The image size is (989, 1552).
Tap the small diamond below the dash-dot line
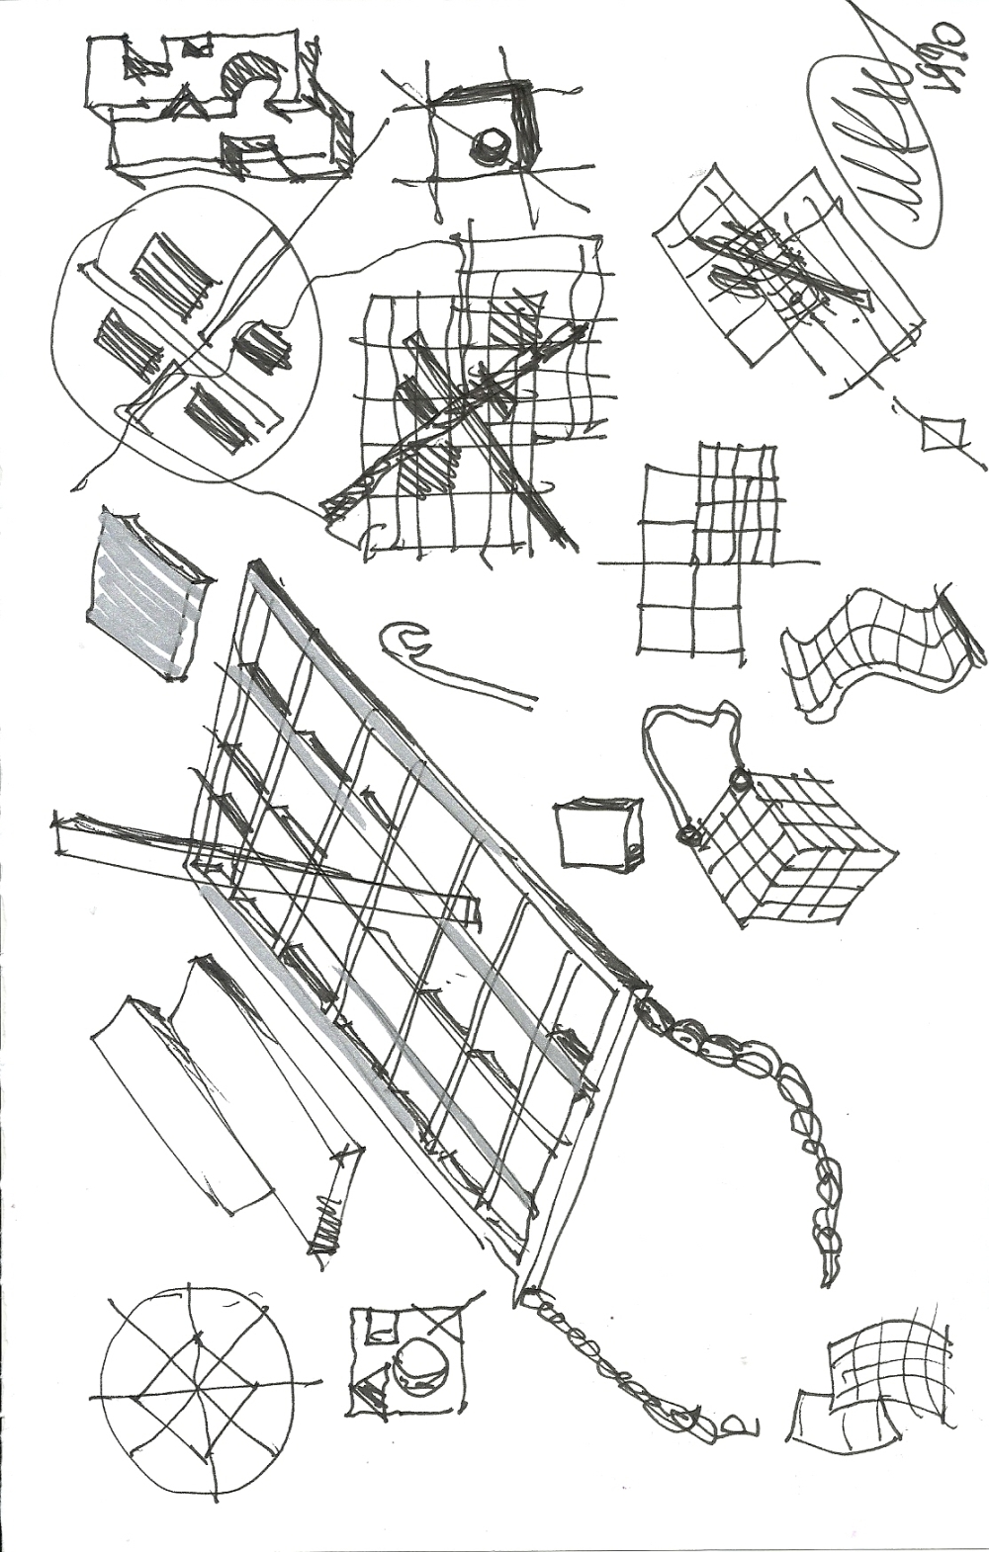[942, 433]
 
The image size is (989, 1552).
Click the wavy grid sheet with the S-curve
[880, 647]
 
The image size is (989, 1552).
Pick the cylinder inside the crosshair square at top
[488, 146]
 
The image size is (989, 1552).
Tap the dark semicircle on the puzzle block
[252, 79]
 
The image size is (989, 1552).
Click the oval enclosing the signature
[875, 148]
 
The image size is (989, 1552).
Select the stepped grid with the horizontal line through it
[707, 554]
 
